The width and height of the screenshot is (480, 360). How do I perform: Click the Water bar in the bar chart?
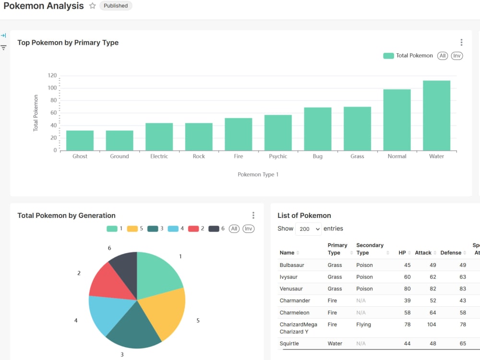436,116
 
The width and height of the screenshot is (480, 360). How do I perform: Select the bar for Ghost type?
80,141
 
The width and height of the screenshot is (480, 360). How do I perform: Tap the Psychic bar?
278,133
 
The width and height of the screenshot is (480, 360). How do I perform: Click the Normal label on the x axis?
397,156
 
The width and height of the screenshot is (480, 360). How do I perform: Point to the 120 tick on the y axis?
52,76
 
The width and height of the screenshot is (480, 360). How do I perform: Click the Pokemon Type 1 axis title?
258,175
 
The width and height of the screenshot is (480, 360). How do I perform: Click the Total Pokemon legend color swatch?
388,56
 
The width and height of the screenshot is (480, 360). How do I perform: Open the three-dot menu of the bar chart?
461,43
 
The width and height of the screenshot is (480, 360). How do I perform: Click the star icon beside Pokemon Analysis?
93,6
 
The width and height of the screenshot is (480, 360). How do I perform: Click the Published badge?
116,6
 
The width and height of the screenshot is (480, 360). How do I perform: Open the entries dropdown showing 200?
308,229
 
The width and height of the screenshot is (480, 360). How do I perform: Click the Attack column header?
423,253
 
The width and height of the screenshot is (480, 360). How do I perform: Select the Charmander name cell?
295,300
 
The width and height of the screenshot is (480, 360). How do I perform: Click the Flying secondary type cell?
363,324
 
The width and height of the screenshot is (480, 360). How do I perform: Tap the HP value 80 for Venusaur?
407,289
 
